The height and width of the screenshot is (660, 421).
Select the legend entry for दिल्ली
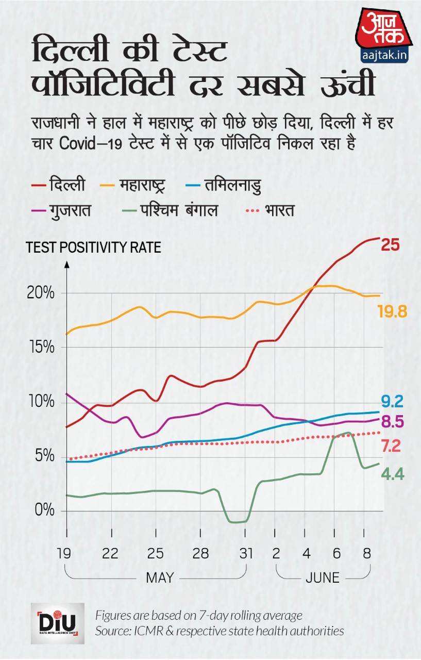pos(59,184)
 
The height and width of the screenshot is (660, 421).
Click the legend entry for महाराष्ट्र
pos(139,184)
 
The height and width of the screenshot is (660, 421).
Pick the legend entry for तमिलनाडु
pos(223,184)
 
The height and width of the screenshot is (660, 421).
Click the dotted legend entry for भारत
pos(267,211)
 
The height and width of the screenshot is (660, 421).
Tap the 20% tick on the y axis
pos(42,293)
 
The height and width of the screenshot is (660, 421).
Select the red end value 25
pos(390,244)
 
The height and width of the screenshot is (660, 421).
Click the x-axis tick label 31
pos(246,554)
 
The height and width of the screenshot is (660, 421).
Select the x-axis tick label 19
pos(64,554)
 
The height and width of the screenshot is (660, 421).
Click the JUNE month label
pos(323,577)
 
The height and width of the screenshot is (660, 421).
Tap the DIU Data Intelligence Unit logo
pos(58,623)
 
